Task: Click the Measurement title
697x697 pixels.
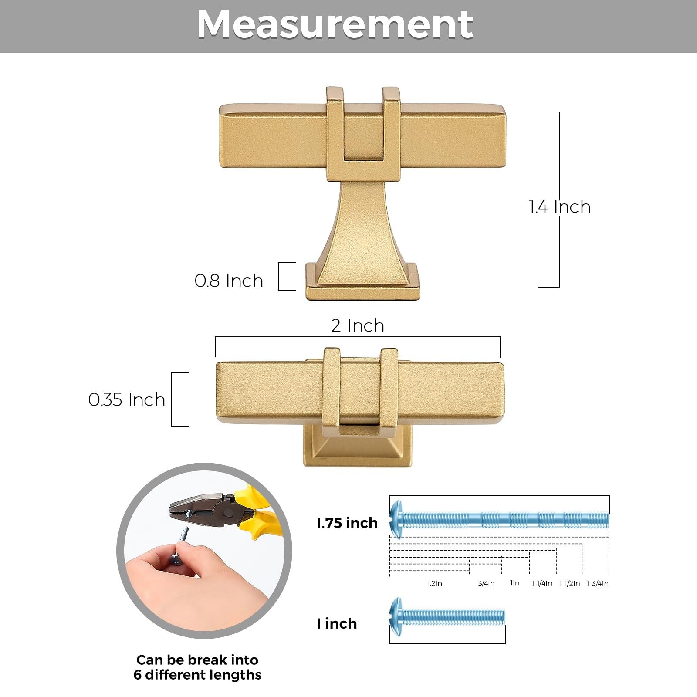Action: pyautogui.click(x=335, y=24)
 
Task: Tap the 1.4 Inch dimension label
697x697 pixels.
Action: pyautogui.click(x=560, y=206)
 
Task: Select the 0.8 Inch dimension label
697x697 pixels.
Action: pyautogui.click(x=229, y=281)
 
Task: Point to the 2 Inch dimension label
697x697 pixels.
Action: pyautogui.click(x=358, y=325)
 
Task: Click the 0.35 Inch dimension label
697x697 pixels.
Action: pyautogui.click(x=127, y=399)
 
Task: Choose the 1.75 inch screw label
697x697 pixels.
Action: pyautogui.click(x=347, y=523)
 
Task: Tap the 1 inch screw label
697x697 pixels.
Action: pyautogui.click(x=337, y=623)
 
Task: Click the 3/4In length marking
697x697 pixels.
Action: pyautogui.click(x=486, y=583)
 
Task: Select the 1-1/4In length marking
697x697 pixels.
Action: pyautogui.click(x=541, y=583)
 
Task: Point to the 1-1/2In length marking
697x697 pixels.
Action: pyautogui.click(x=569, y=583)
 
